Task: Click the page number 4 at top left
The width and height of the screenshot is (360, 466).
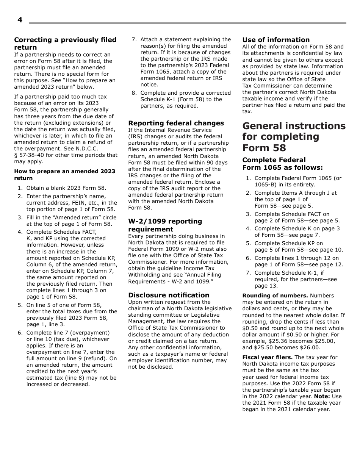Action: pos(20,20)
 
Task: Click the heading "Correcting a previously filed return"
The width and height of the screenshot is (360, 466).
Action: pos(65,44)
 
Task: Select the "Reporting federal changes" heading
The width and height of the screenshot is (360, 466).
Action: pos(176,123)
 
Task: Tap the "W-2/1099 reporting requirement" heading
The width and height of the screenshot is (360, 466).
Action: pos(165,225)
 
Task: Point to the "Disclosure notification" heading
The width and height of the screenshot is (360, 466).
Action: pos(169,295)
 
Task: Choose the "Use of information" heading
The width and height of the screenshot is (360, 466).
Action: pos(276,40)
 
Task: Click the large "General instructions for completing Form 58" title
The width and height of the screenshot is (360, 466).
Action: pos(294,137)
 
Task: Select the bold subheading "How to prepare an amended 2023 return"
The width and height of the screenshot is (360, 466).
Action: pos(64,175)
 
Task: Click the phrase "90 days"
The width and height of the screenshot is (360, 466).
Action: pos(217,163)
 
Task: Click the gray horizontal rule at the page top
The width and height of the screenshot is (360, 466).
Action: pos(187,23)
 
